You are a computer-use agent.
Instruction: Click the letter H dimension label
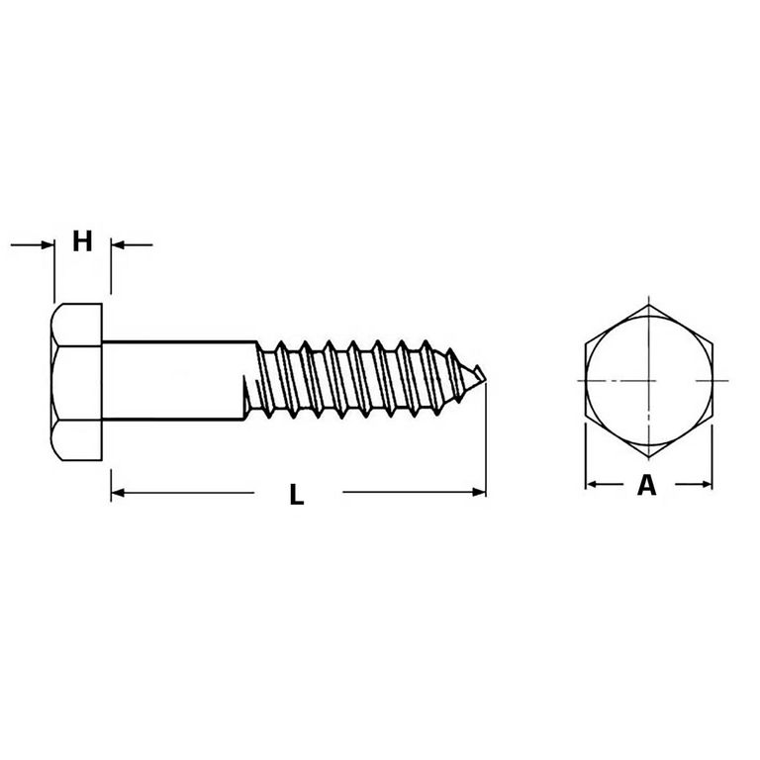pos(82,240)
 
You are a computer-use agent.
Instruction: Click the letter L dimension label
pos(297,494)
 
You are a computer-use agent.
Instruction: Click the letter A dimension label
pos(646,485)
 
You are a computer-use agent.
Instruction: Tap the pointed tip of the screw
pos(485,380)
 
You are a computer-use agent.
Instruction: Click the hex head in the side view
pos(76,382)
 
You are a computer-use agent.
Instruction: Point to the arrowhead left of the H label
pos(47,244)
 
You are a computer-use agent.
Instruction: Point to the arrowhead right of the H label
pos(118,244)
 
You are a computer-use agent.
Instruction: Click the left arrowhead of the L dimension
pos(118,493)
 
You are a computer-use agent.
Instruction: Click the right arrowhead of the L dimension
pos(479,493)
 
